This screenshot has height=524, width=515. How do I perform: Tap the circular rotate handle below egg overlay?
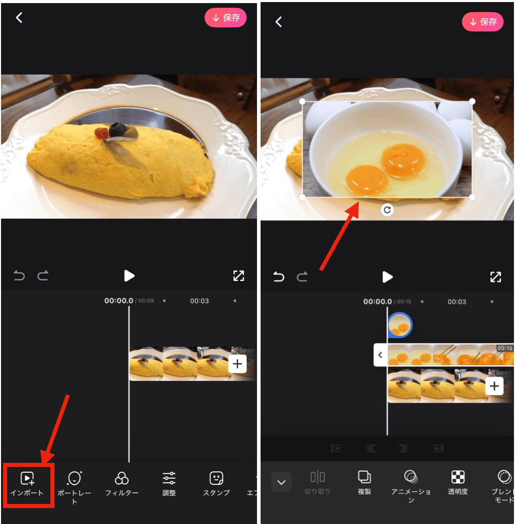387,210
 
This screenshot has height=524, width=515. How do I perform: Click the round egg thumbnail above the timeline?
399,325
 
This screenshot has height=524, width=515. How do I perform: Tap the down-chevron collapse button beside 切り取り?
281,482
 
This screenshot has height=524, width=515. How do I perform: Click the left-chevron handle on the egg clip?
380,355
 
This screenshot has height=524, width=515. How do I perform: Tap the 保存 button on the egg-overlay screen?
482,22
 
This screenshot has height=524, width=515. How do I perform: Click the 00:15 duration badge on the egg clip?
505,348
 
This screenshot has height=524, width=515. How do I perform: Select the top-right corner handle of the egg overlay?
472,102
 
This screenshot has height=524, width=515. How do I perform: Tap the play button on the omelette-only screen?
129,276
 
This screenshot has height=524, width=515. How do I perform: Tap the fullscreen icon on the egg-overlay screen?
495,277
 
